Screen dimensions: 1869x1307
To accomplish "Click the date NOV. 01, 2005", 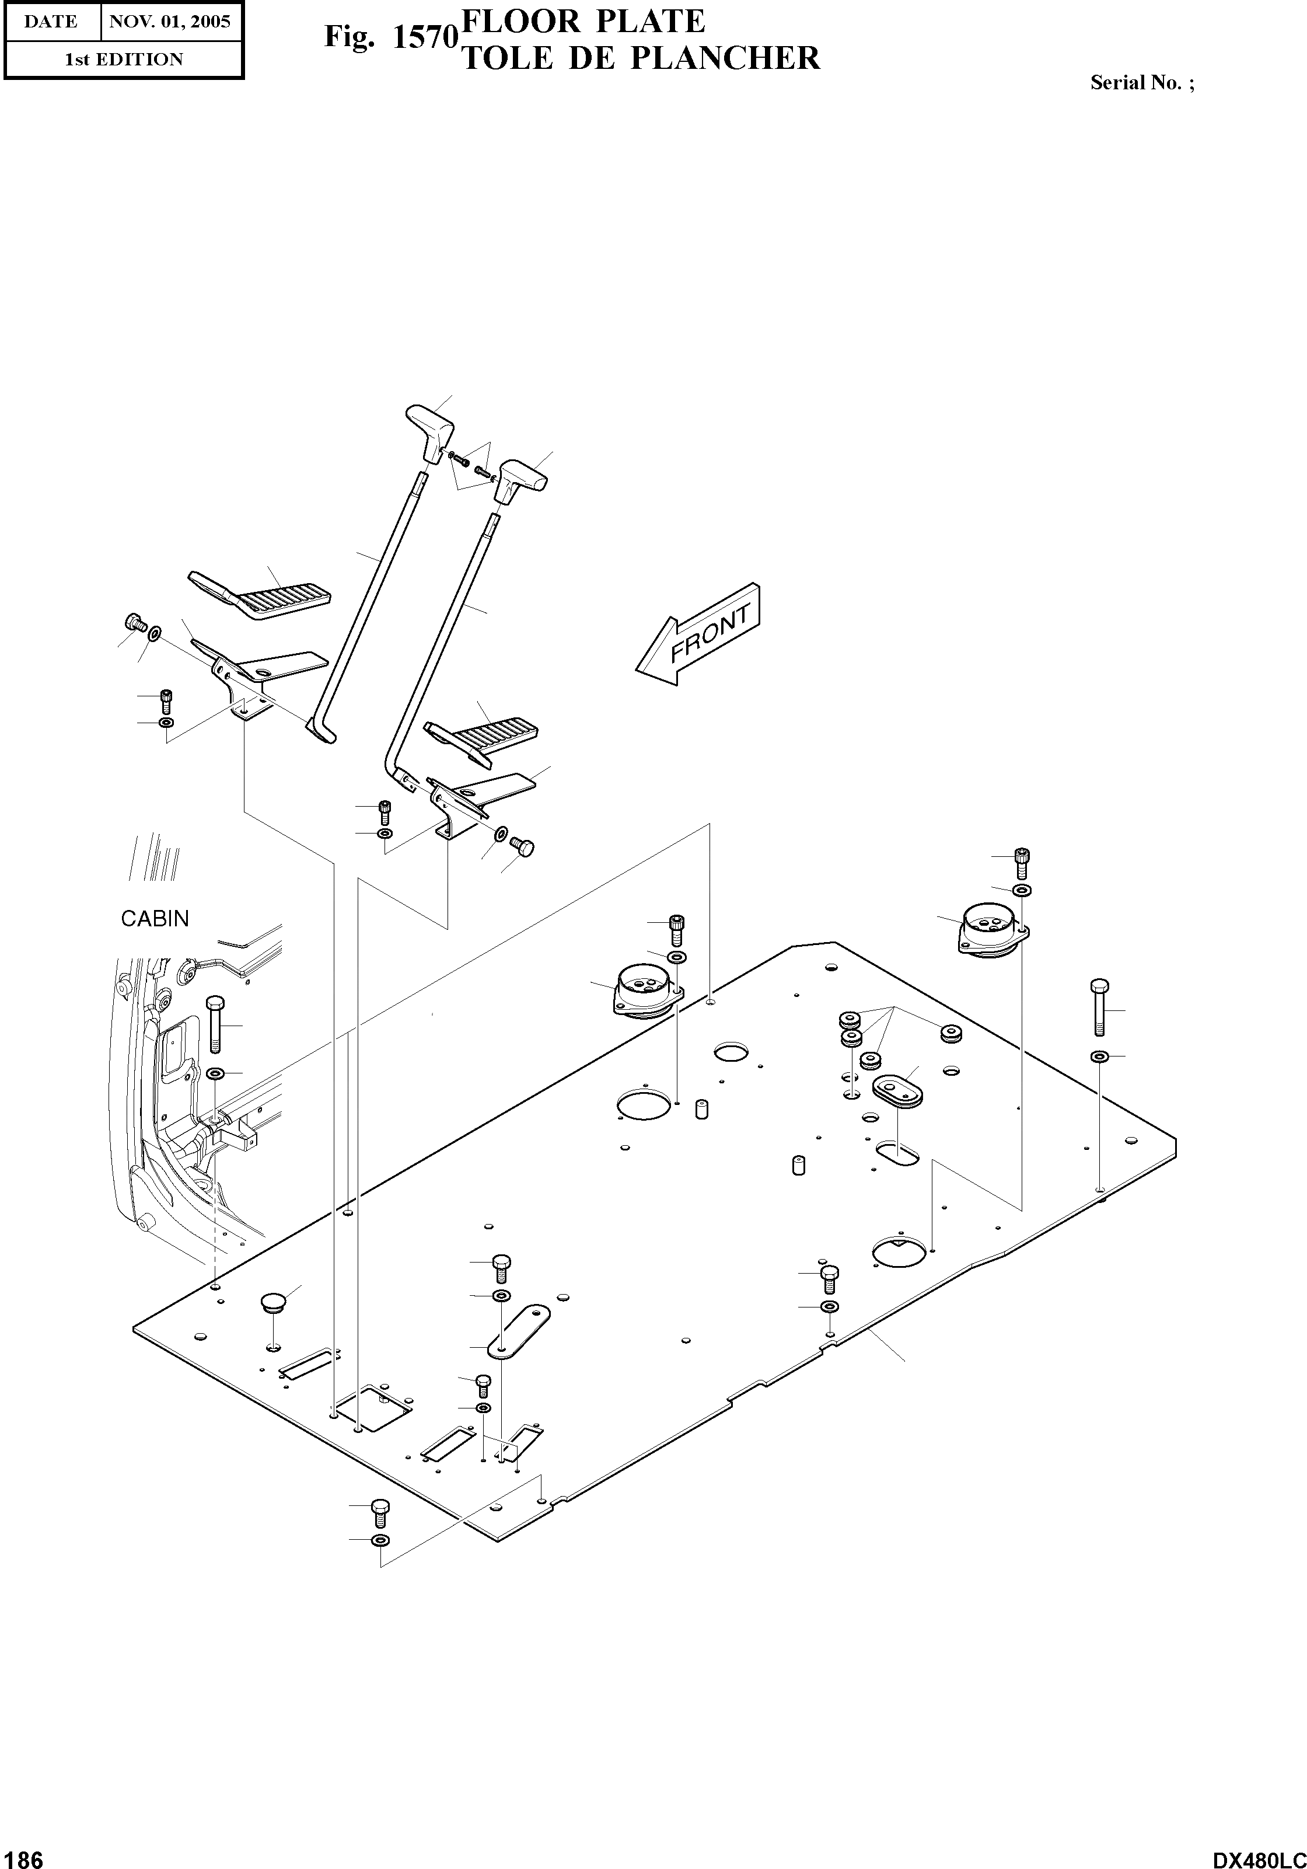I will pyautogui.click(x=170, y=21).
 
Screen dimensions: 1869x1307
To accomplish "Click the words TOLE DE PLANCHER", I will pyautogui.click(x=641, y=58).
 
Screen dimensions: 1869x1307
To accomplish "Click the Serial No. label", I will pyautogui.click(x=1142, y=82).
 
